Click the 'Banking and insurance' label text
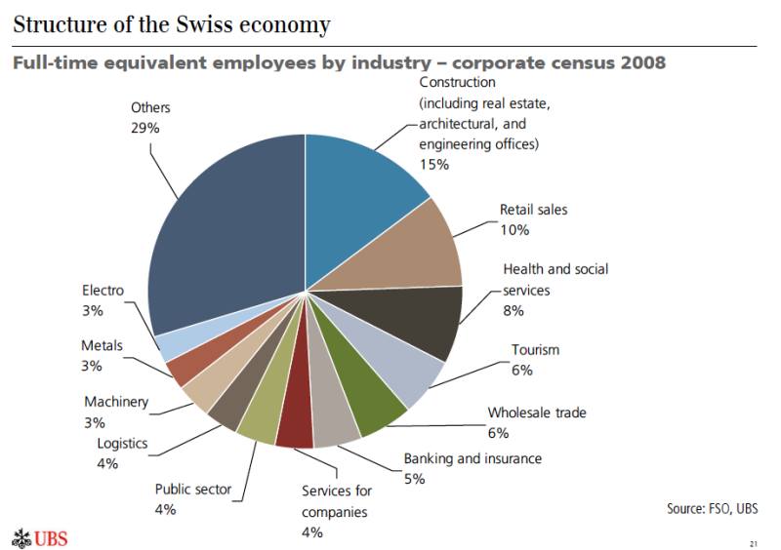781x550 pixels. pyautogui.click(x=473, y=458)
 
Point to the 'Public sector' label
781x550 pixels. pyautogui.click(x=193, y=489)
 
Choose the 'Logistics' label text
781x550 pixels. pyautogui.click(x=122, y=444)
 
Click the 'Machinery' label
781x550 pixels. pyautogui.click(x=116, y=402)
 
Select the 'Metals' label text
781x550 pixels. pyautogui.click(x=102, y=346)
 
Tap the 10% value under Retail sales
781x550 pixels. pyautogui.click(x=514, y=230)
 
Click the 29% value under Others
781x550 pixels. pyautogui.click(x=144, y=128)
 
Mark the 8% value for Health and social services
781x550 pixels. pyautogui.click(x=514, y=310)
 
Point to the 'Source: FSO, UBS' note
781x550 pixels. pyautogui.click(x=712, y=508)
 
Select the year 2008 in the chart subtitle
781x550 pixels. pyautogui.click(x=634, y=63)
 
